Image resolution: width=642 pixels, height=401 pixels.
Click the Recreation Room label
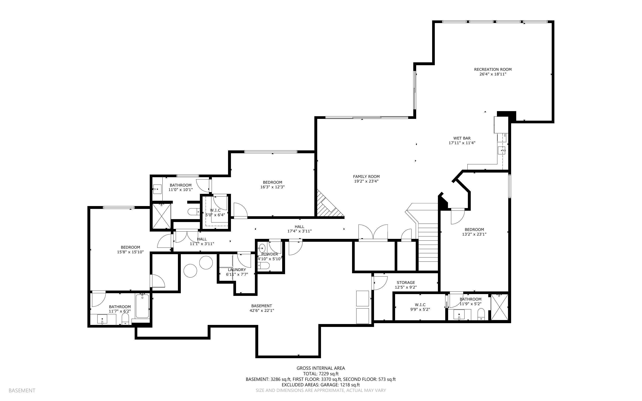click(x=493, y=69)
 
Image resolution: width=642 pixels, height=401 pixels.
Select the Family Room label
click(x=366, y=177)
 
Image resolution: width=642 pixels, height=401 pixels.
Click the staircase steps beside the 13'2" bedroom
click(x=428, y=247)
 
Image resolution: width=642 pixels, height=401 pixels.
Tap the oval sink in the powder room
click(x=262, y=248)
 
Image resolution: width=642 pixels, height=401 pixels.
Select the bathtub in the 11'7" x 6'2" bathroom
click(x=142, y=306)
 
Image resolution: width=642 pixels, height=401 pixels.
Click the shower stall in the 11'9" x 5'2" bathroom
click(x=500, y=307)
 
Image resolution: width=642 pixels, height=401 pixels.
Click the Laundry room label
click(x=237, y=270)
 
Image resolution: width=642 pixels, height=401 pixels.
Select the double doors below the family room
click(x=373, y=233)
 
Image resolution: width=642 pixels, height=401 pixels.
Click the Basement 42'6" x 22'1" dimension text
click(x=262, y=311)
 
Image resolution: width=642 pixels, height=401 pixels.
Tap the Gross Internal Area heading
click(x=321, y=368)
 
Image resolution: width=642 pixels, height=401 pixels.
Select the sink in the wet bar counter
click(x=502, y=151)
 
